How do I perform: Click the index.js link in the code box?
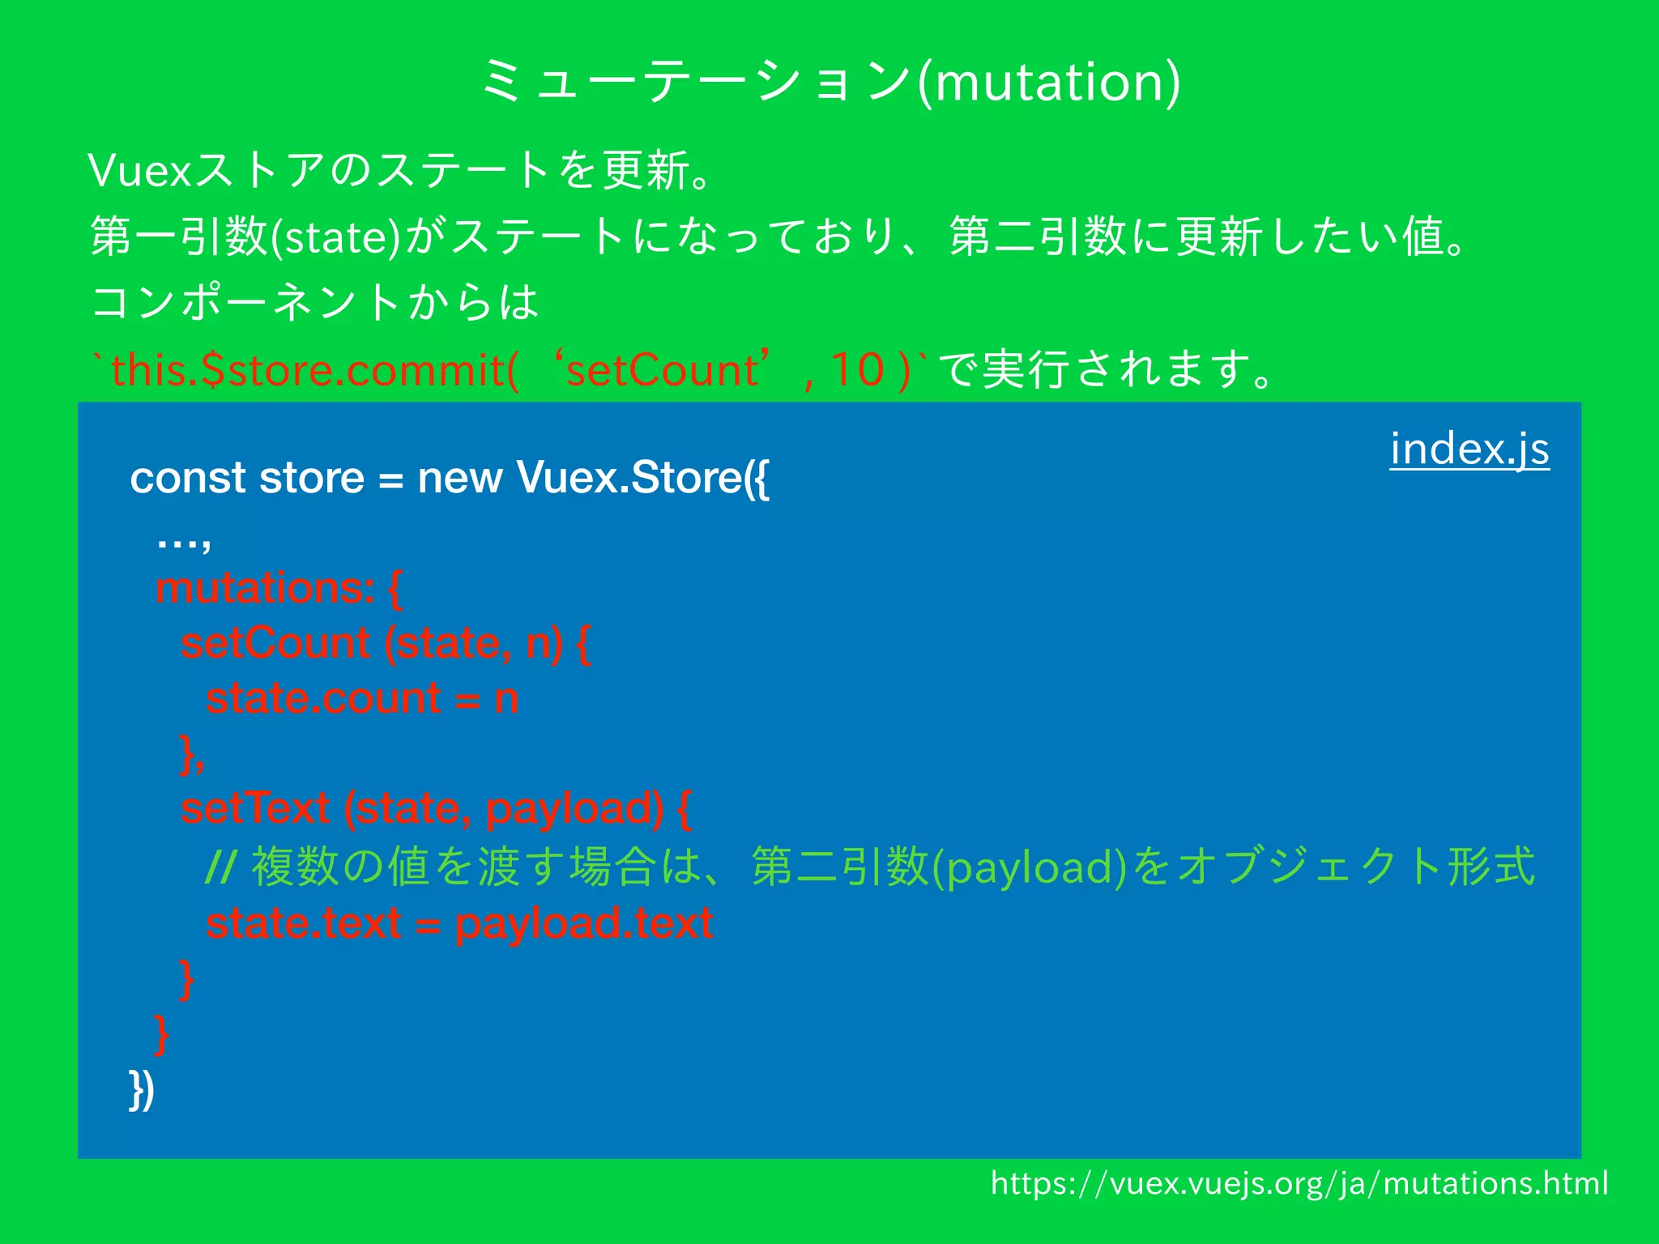(x=1469, y=449)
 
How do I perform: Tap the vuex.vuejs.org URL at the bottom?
(x=1299, y=1183)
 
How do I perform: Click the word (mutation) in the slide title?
(x=1049, y=82)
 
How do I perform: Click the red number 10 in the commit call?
(x=857, y=370)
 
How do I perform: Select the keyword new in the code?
(x=459, y=478)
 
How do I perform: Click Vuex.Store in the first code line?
(x=629, y=478)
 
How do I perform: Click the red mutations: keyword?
(x=265, y=588)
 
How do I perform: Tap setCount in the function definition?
(x=275, y=644)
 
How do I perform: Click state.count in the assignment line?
(x=323, y=698)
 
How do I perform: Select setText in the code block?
(x=255, y=808)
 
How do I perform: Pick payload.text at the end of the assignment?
(x=583, y=923)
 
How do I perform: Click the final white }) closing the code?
(x=142, y=1090)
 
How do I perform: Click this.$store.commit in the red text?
(x=308, y=370)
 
